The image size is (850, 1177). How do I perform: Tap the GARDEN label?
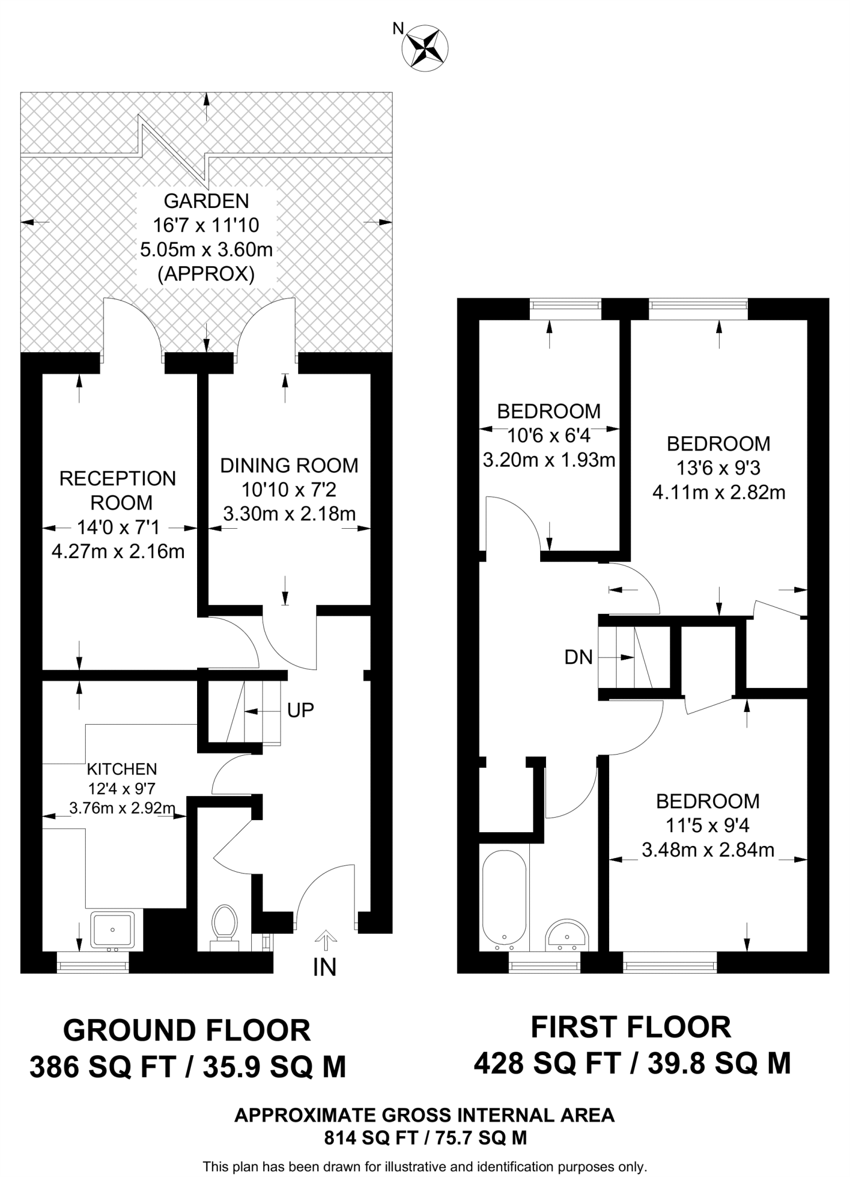tap(206, 201)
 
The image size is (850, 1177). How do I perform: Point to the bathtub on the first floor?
tap(504, 899)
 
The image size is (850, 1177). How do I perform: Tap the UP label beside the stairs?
tap(301, 711)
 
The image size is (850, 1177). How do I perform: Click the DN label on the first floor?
tap(578, 657)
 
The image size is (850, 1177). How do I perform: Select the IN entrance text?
tap(324, 967)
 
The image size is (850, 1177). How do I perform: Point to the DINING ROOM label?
tap(289, 466)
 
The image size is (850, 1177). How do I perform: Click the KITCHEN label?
tap(122, 769)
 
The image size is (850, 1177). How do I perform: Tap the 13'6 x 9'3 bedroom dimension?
tap(718, 468)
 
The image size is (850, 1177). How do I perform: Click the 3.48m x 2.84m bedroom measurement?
tap(708, 850)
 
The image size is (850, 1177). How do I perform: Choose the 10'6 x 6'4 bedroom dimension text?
tap(549, 436)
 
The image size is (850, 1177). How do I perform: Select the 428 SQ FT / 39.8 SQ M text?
tap(632, 1063)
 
